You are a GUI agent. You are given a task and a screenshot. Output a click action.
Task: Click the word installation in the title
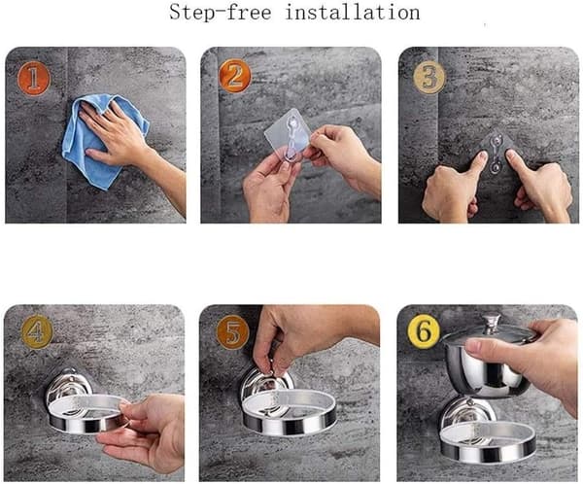tap(353, 13)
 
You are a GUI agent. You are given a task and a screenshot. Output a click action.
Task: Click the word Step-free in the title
tap(221, 13)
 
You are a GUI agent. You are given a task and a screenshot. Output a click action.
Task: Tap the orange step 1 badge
tap(33, 79)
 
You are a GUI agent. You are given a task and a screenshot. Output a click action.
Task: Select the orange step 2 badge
tap(234, 76)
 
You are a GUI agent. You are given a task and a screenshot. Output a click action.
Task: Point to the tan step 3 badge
tap(429, 78)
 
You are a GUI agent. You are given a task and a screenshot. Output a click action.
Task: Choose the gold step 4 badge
tap(37, 331)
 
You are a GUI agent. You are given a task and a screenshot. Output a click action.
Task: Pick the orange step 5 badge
tap(233, 332)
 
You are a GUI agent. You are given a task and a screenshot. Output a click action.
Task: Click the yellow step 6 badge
tap(425, 331)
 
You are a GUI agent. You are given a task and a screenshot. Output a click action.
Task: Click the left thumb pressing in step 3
tap(477, 162)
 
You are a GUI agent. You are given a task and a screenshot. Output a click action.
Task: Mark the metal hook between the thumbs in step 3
tap(496, 154)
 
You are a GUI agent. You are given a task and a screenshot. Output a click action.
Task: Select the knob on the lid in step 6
tap(492, 322)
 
